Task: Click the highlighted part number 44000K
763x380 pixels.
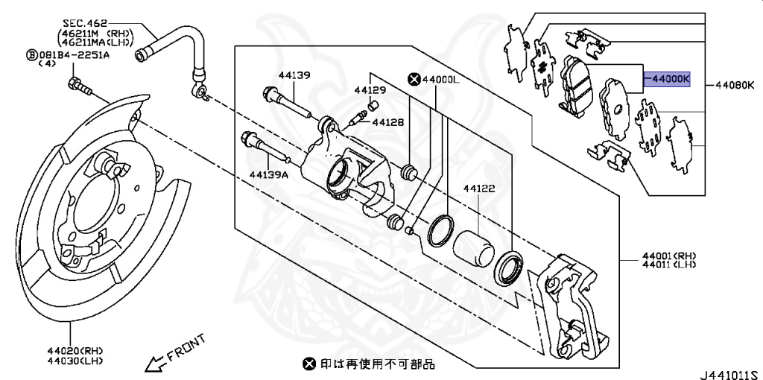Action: pyautogui.click(x=668, y=77)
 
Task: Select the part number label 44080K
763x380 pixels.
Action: pyautogui.click(x=735, y=86)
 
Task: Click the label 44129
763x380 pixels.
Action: pyautogui.click(x=370, y=89)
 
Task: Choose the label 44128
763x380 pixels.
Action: pyautogui.click(x=387, y=122)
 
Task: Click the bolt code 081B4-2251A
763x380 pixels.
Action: pyautogui.click(x=74, y=54)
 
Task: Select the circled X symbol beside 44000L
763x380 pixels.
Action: pyautogui.click(x=413, y=78)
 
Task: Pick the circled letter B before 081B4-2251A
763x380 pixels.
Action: pyautogui.click(x=31, y=54)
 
